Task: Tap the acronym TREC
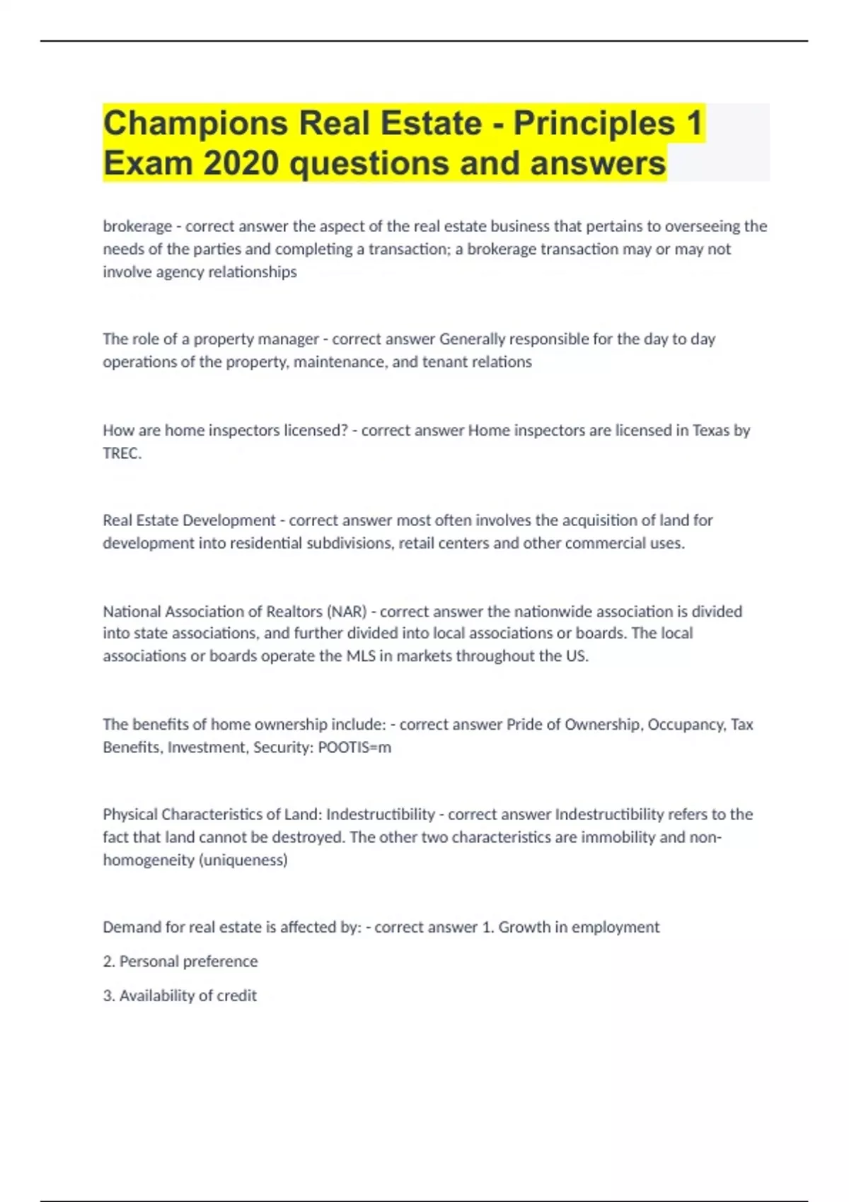pyautogui.click(x=122, y=453)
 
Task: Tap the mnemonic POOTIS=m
pyautogui.click(x=354, y=747)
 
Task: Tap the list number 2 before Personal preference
pyautogui.click(x=108, y=962)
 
